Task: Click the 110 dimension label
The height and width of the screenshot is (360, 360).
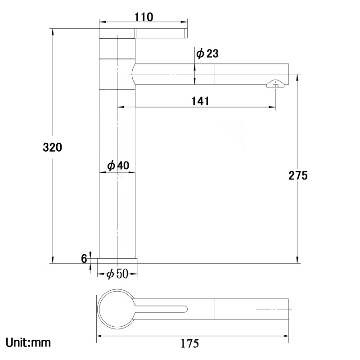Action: point(144,17)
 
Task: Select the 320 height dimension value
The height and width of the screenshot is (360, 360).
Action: point(52,147)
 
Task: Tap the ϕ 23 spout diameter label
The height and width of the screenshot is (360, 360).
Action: point(207,54)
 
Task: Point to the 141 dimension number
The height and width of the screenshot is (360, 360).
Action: point(200,101)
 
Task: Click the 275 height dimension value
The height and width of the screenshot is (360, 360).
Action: point(298,175)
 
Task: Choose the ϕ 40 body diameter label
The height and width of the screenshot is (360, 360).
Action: point(118,165)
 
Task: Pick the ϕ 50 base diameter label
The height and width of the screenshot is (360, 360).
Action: point(117,274)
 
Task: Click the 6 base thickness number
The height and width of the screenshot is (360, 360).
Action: point(84,259)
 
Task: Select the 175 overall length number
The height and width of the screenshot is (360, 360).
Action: point(189,344)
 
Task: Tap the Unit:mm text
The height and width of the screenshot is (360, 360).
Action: point(28,343)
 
